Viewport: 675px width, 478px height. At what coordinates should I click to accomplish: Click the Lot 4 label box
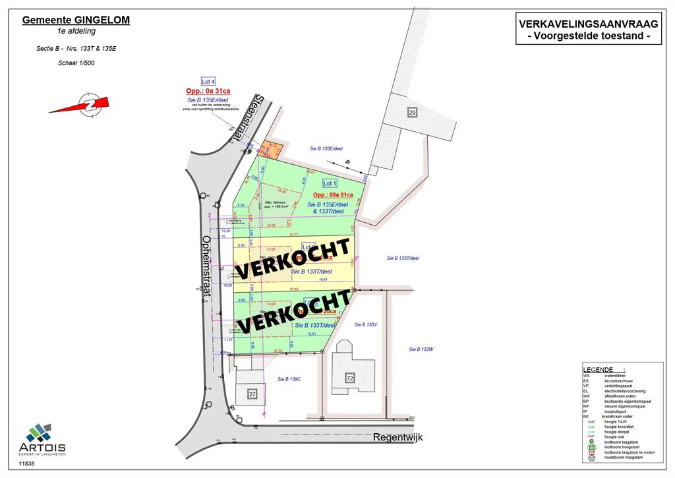208,81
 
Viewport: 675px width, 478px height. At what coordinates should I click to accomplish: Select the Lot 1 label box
330,183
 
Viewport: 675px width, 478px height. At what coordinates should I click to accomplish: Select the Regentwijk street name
397,437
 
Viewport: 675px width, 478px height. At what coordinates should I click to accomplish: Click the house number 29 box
412,112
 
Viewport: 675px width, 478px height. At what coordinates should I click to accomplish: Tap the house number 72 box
350,378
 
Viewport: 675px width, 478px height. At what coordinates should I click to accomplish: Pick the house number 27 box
252,394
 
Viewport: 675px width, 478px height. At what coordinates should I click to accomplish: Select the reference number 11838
27,464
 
